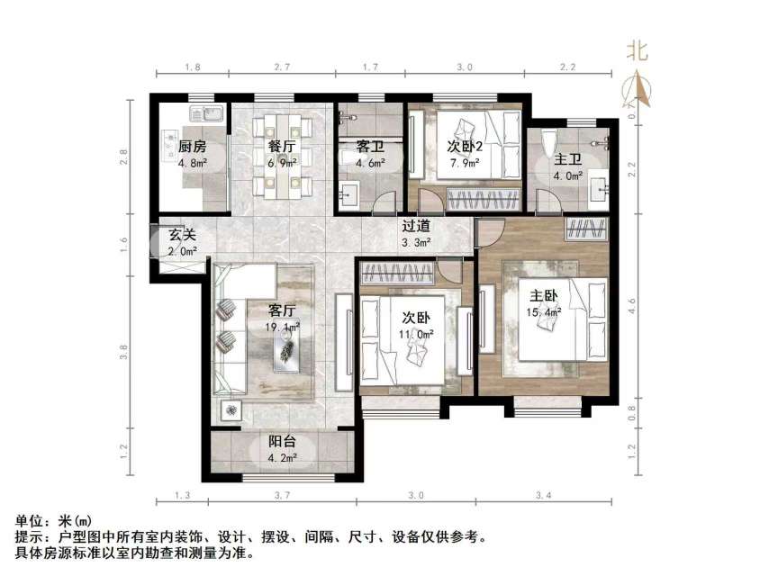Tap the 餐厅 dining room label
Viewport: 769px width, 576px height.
[283, 148]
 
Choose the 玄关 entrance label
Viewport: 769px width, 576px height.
[182, 236]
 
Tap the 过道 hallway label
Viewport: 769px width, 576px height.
[415, 227]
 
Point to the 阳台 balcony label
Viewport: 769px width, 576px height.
[282, 443]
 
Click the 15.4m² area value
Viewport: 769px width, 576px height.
[544, 312]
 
